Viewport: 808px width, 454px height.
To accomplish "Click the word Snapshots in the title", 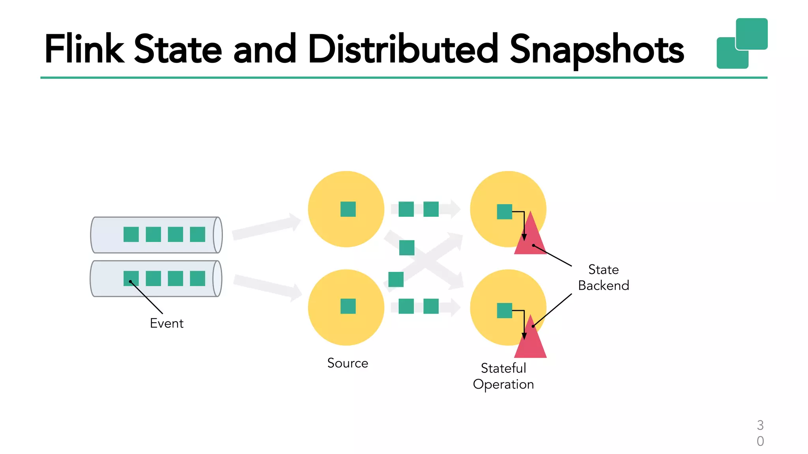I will [597, 50].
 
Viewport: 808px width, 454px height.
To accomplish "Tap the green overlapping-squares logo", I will [742, 43].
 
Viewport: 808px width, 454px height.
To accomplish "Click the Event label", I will [166, 324].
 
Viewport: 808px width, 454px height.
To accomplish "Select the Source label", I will [348, 363].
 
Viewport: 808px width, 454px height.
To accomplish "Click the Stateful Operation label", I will [503, 376].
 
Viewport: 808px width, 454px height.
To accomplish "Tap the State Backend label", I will [603, 277].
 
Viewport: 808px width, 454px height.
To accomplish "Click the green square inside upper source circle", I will [348, 209].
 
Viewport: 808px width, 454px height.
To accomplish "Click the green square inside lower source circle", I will [348, 306].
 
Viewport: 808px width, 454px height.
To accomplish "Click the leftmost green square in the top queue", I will [131, 234].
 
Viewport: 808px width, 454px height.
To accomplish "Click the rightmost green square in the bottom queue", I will [197, 279].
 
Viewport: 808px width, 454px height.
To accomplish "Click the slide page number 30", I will [760, 433].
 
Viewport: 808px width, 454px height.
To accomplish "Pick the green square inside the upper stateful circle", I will [504, 212].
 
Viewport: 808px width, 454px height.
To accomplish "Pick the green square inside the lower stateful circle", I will [504, 311].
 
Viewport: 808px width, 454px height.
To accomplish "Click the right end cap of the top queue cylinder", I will [218, 235].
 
